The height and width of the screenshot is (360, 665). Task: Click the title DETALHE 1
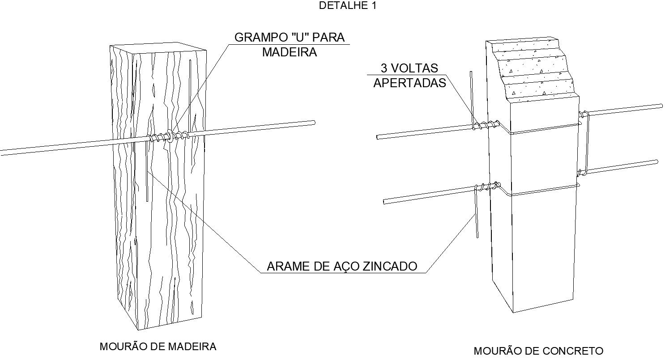click(347, 6)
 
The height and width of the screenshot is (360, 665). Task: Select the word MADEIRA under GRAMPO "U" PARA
click(289, 52)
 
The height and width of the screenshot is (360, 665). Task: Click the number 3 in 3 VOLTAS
click(384, 68)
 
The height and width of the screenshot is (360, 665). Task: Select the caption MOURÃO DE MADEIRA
click(158, 347)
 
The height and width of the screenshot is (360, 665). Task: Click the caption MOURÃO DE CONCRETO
click(538, 351)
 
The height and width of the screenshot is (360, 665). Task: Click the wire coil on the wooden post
click(169, 136)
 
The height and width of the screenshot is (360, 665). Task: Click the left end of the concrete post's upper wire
click(379, 137)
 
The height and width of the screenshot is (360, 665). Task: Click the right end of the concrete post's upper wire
click(660, 106)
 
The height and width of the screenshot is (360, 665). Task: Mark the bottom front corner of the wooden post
click(138, 329)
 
